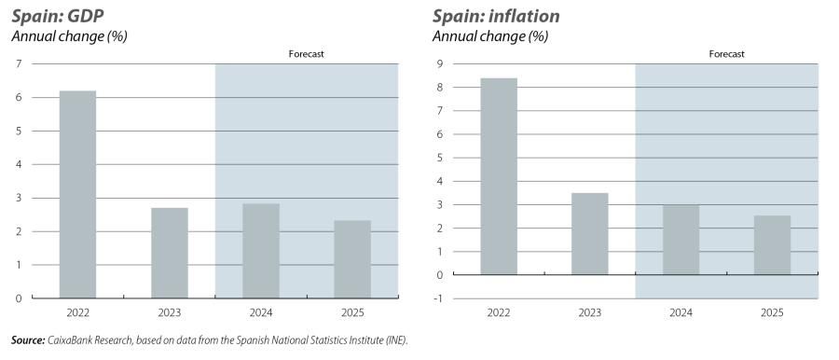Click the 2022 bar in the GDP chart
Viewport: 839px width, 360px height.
click(77, 194)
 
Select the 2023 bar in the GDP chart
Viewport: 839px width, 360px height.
click(169, 253)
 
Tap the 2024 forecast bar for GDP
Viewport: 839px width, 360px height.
click(260, 251)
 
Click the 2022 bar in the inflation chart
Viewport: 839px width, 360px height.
click(498, 176)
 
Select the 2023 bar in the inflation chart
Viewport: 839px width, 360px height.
click(589, 233)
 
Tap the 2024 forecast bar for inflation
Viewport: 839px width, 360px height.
click(681, 240)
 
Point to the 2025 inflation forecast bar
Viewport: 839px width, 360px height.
click(772, 245)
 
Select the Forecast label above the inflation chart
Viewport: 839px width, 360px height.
click(726, 54)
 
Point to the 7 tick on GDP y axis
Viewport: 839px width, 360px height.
click(19, 63)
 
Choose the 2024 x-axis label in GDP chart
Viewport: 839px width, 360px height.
click(260, 314)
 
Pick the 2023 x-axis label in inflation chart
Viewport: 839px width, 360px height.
click(589, 314)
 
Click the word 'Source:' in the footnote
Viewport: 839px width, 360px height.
click(27, 341)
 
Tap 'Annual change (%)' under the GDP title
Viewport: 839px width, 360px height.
click(55, 36)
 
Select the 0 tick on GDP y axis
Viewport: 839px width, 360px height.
click(19, 298)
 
